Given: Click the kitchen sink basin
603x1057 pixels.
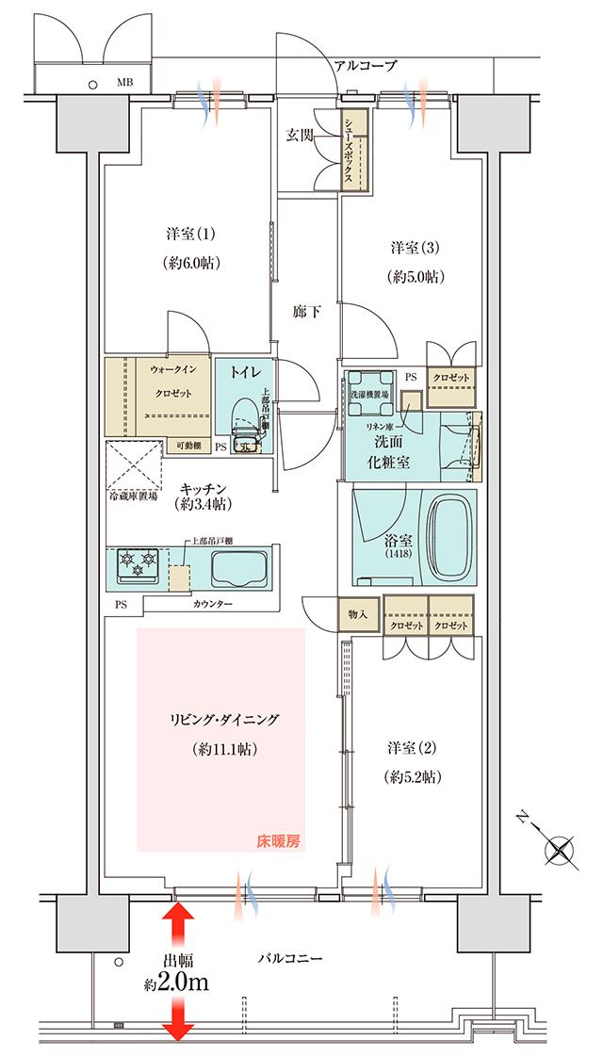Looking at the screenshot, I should pyautogui.click(x=238, y=569).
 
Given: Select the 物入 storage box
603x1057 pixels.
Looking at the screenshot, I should pyautogui.click(x=357, y=615).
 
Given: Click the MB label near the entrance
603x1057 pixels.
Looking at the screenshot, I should pyautogui.click(x=124, y=83).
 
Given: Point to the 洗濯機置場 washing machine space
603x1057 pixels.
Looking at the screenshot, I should pyautogui.click(x=369, y=392).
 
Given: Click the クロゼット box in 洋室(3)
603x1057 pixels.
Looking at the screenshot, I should pyautogui.click(x=454, y=376).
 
